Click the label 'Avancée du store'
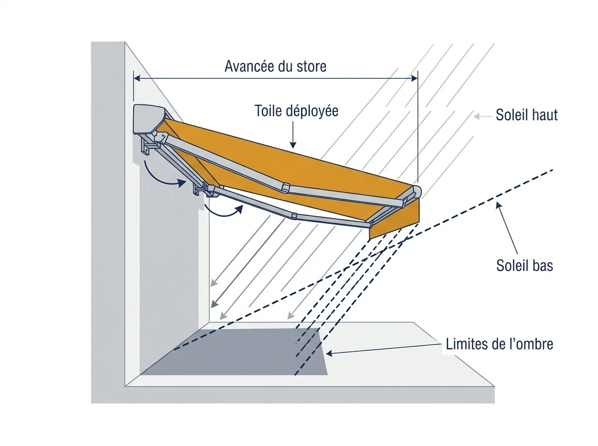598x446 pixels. (276, 66)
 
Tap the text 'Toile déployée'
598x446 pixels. (297, 111)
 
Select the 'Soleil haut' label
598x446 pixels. (527, 115)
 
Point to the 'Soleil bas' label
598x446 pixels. (524, 265)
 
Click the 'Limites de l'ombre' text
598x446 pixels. (499, 344)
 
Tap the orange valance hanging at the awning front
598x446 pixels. (395, 220)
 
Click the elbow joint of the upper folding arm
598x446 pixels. (285, 188)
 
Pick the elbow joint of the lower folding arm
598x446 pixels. (294, 216)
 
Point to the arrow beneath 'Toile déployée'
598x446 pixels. (293, 135)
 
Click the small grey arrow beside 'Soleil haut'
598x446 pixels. (483, 116)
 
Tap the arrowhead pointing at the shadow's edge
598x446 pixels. (329, 353)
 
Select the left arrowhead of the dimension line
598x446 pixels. (137, 78)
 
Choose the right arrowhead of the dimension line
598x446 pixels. (415, 78)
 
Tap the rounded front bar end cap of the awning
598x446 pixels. (417, 192)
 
